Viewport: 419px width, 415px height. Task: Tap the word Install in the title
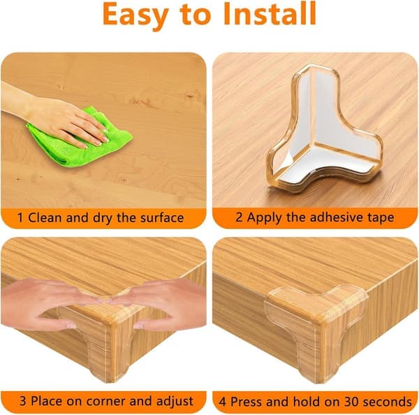[270, 13]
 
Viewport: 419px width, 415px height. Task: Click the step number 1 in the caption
[20, 217]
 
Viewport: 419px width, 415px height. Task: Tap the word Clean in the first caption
[45, 217]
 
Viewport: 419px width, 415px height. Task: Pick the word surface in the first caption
[162, 218]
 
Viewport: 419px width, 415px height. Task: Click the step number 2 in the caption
[239, 217]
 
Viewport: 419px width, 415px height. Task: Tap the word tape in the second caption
[381, 218]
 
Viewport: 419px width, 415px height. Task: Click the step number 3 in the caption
[23, 401]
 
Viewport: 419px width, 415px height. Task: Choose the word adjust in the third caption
[175, 402]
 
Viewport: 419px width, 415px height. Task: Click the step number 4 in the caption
[222, 402]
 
